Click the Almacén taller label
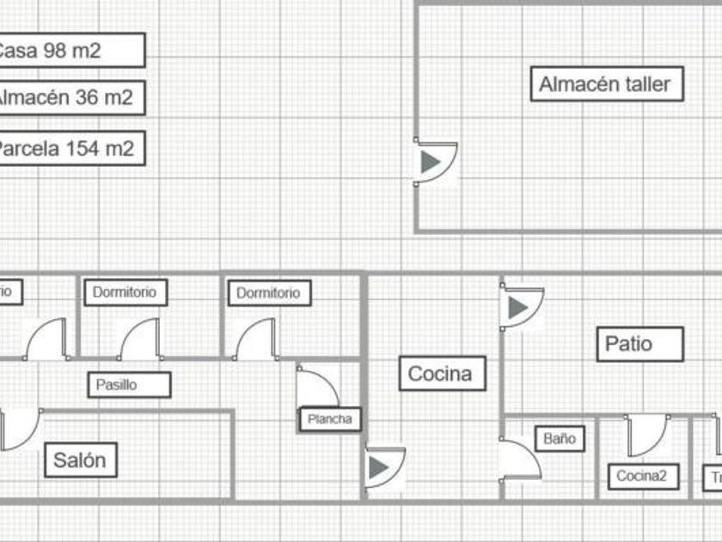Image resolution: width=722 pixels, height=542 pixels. click(605, 84)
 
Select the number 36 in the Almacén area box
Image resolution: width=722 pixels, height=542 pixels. click(87, 98)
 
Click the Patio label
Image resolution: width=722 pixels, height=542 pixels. click(629, 344)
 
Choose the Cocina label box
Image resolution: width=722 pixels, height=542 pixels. click(439, 374)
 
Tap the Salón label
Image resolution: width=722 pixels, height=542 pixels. click(80, 460)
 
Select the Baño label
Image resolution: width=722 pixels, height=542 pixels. click(559, 439)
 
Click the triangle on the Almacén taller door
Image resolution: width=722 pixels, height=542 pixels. click(431, 162)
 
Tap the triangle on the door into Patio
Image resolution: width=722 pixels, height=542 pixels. click(517, 308)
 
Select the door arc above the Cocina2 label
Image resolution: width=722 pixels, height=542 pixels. click(647, 434)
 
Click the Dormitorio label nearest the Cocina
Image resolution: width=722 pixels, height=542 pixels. click(268, 293)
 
